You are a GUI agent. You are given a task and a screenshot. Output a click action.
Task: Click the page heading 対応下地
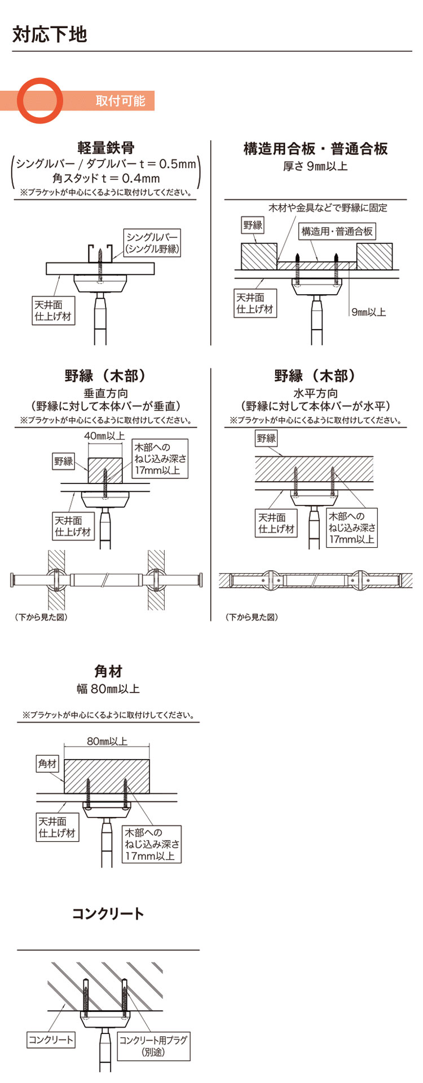coord(50,34)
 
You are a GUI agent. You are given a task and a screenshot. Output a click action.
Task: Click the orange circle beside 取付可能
coord(40,100)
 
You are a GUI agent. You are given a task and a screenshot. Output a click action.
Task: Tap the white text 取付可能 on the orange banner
coord(120,101)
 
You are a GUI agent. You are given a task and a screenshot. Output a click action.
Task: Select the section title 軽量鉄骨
coord(106,148)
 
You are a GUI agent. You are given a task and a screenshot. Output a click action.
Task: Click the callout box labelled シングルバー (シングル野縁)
coord(152,243)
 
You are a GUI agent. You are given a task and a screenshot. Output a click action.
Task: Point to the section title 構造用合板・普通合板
coord(315,149)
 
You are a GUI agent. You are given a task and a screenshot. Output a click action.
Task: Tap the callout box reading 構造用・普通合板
coord(337,231)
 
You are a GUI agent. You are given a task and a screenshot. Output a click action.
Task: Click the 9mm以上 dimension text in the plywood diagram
coord(369,312)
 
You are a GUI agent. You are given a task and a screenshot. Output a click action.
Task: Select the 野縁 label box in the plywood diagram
coord(253,225)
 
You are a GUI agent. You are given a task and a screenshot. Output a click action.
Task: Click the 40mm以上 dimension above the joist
coord(104,436)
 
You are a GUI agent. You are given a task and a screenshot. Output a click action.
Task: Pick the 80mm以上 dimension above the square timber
coord(107,742)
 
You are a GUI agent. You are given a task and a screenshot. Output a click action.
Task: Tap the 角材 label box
coord(47,764)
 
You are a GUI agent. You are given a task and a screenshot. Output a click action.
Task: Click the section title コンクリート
coord(108,913)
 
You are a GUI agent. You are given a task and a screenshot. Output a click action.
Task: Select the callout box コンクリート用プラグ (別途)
coord(153,1046)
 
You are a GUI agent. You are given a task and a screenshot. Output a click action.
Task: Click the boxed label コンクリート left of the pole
coord(51,1040)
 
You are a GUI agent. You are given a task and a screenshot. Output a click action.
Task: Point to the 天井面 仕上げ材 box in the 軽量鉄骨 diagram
coord(53,310)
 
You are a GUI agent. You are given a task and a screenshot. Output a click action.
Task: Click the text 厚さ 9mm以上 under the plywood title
coord(315,166)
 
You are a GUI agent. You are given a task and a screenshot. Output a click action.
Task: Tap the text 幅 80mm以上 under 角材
coord(108,689)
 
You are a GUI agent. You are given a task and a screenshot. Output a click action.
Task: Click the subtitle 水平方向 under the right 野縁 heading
coord(315,393)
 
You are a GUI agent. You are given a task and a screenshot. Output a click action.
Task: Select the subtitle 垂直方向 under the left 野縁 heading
coord(106,393)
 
